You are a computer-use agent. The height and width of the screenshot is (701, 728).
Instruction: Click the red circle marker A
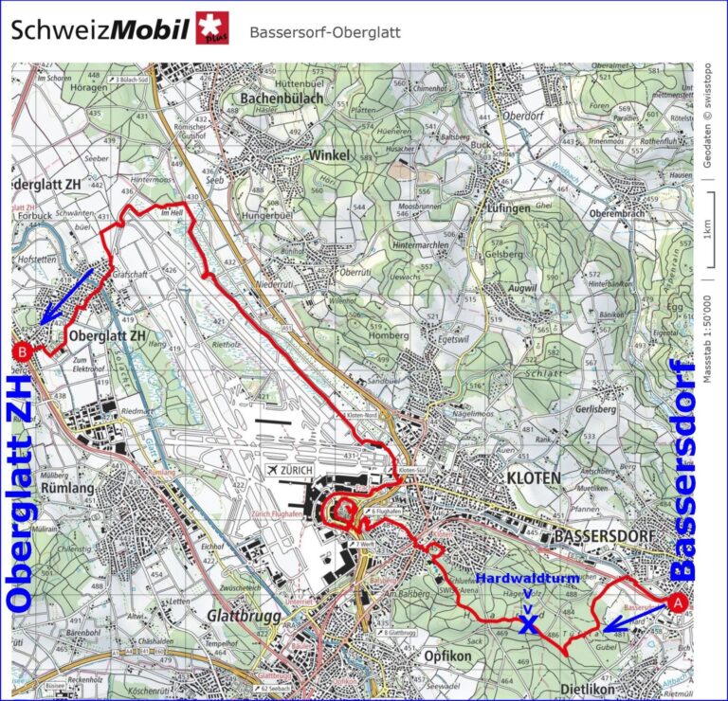677,601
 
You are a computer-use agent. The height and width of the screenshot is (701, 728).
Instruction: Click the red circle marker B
22,351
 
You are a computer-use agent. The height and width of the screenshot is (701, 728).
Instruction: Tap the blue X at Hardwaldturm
528,623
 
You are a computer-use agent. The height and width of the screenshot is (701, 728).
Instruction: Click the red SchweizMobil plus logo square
213,29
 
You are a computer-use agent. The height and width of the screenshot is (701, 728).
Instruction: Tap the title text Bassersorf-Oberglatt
325,32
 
